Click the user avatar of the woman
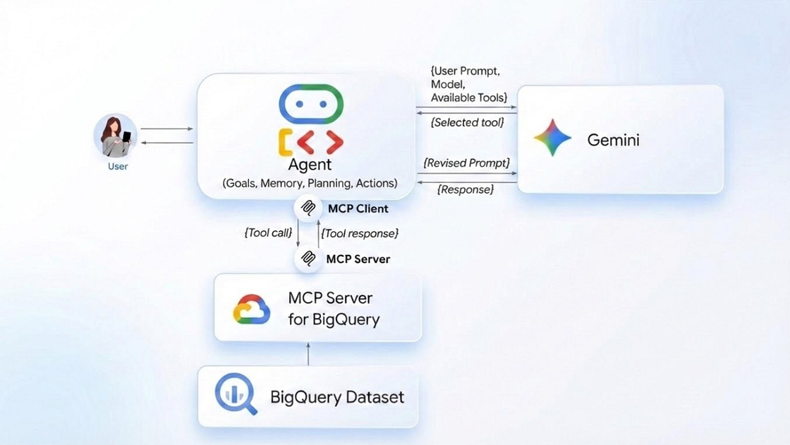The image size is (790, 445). pos(115,136)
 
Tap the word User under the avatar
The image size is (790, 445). pos(118,167)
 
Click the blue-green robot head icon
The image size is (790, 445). pos(311,105)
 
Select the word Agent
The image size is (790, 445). pos(310,165)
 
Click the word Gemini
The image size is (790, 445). pos(613,140)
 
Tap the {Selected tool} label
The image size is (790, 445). pos(467,122)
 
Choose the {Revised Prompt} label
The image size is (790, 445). pos(466,163)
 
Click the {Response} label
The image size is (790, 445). pos(466,189)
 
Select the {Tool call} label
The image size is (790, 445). pos(267,232)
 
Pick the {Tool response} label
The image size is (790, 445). pos(360,232)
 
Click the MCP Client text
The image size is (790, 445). pos(358,208)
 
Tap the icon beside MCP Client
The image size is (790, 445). pos(308,208)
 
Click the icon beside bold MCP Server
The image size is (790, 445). pos(308,259)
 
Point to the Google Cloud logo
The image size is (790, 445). pos(252,309)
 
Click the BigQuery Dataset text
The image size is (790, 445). pos(337,397)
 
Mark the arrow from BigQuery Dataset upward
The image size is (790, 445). pos(308,353)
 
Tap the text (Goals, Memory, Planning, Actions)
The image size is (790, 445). pos(310,184)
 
